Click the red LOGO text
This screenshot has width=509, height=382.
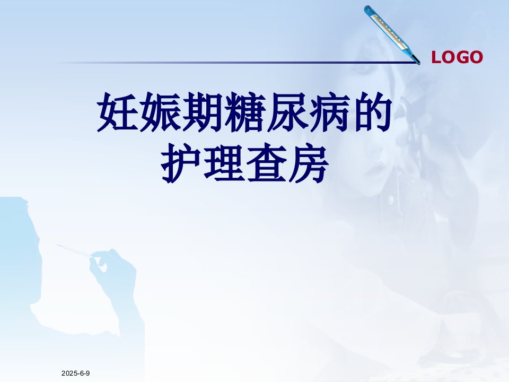click(x=457, y=57)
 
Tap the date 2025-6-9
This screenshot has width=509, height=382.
click(x=76, y=373)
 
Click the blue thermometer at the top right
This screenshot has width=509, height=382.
click(x=391, y=34)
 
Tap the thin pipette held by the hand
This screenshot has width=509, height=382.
click(x=74, y=250)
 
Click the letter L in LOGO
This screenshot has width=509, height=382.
click(x=436, y=57)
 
